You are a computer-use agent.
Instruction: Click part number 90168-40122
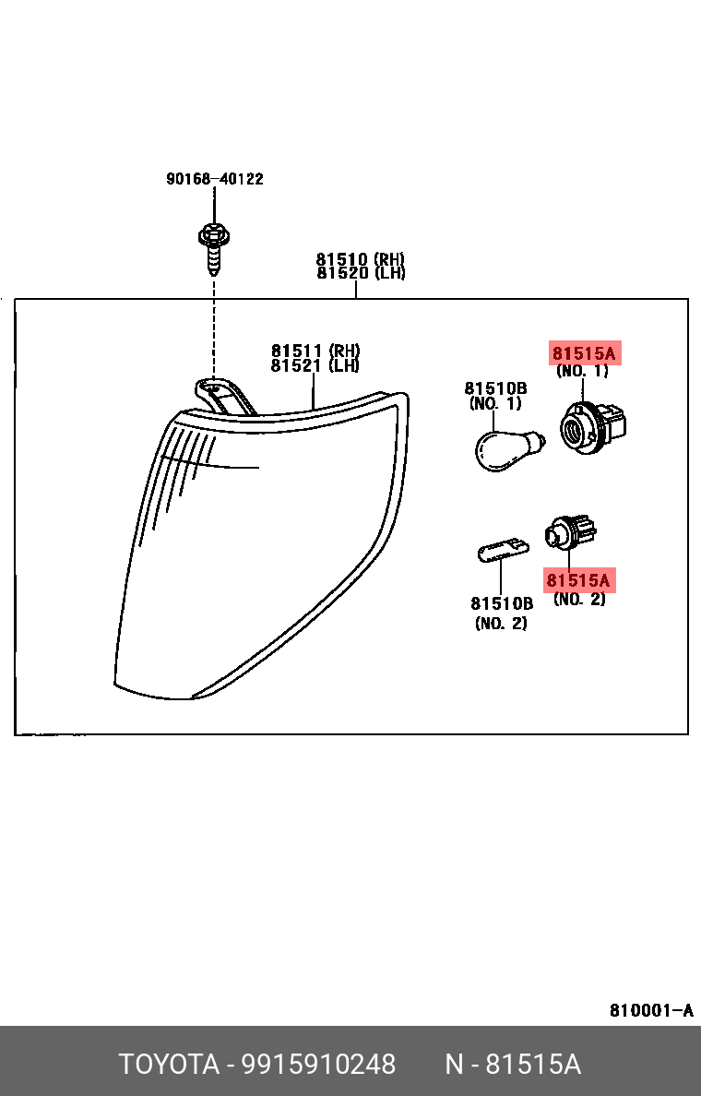pos(215,179)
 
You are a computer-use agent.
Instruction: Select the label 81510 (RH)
pos(361,259)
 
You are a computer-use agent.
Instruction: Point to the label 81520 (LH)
pos(361,273)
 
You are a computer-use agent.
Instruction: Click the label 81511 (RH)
pos(315,351)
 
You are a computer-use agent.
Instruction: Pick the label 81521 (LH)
pos(315,365)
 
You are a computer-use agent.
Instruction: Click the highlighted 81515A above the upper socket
pos(583,352)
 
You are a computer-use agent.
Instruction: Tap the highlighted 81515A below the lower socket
pos(578,580)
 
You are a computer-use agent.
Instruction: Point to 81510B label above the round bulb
pos(495,388)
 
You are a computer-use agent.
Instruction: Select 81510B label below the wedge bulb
pos(502,603)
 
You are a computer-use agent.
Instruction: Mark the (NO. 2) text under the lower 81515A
pos(579,600)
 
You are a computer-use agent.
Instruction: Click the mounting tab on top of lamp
pos(221,393)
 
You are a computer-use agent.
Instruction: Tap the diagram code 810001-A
pos(651,1010)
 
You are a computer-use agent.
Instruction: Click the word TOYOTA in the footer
pos(169,1065)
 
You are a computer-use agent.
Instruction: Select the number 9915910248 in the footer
pos(318,1065)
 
